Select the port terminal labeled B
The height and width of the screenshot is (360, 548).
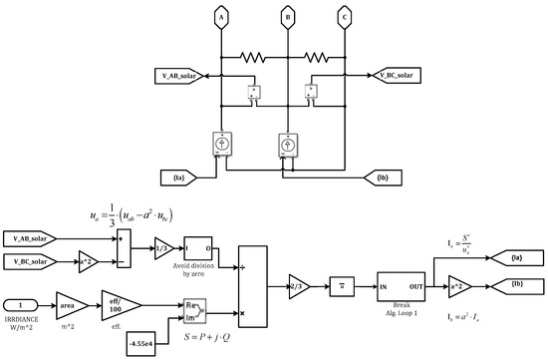[287, 17]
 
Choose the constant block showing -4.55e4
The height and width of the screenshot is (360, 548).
[148, 345]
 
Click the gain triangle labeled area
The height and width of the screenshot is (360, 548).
[68, 297]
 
